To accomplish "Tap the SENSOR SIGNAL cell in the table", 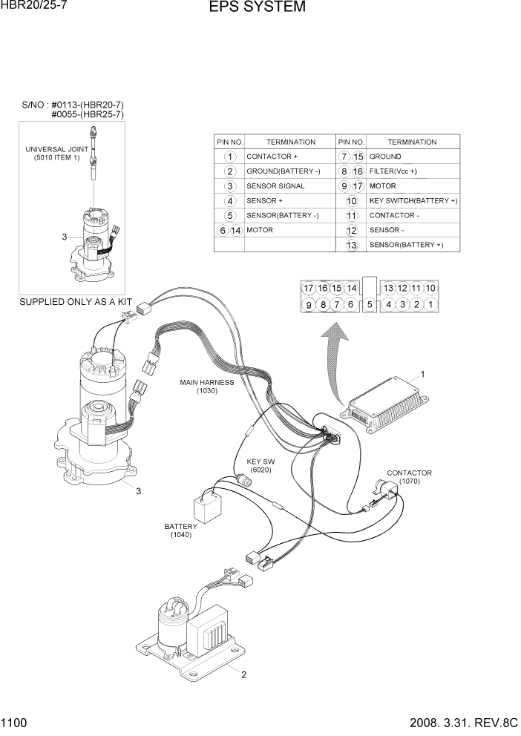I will [275, 186].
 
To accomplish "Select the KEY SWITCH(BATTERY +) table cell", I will [413, 201].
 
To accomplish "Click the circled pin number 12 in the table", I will [352, 230].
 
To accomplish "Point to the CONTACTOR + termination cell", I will [272, 157].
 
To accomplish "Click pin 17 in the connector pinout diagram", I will [309, 288].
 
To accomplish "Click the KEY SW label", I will [260, 465].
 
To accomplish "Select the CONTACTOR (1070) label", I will [409, 477].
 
